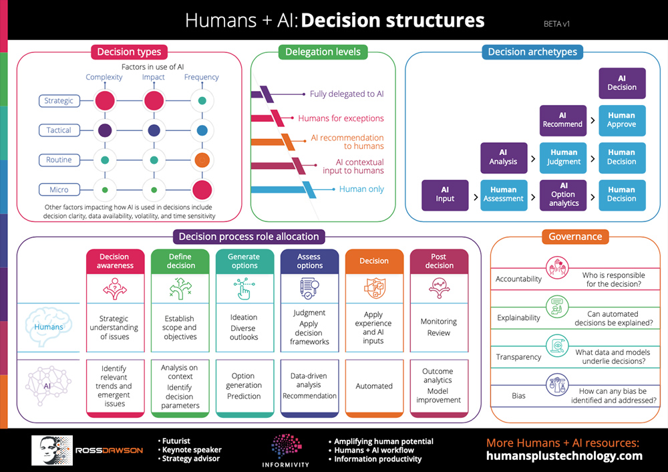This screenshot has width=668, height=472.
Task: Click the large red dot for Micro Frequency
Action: coord(202,189)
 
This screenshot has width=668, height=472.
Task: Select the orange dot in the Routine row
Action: coord(202,160)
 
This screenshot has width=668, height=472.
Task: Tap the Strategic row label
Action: coord(59,101)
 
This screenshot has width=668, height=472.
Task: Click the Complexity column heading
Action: coord(104,77)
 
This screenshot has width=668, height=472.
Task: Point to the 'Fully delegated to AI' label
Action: coord(347,94)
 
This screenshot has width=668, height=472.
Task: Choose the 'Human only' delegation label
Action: coord(361,189)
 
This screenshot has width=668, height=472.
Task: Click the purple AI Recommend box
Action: coord(562,120)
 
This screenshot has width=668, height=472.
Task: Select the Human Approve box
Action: coord(621,120)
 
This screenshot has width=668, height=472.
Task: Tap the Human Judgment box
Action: coord(562,157)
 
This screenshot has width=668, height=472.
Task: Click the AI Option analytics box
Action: coord(562,195)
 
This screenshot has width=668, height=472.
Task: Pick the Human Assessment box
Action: coord(504,195)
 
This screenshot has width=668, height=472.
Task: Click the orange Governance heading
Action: coord(575,237)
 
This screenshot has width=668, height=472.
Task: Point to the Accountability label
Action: coord(518,279)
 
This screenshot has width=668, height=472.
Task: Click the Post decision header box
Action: coord(439,261)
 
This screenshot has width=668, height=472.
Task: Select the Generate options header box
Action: coord(244,261)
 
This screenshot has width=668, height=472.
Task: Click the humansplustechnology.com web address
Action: coord(564,456)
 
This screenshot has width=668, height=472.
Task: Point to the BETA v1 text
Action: coord(556,23)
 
